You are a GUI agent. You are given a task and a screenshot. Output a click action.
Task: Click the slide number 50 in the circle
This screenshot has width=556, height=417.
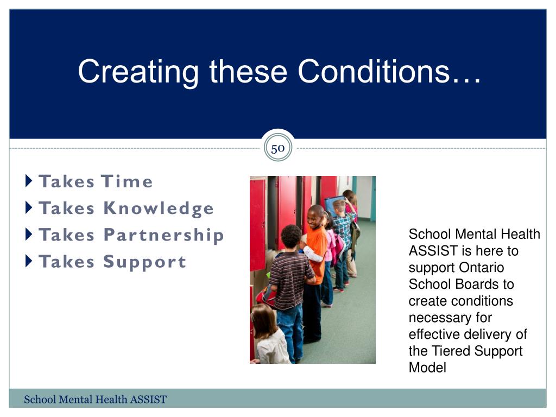[x=277, y=149]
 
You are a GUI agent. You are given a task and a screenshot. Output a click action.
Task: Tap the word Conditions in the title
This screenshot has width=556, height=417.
[x=374, y=72]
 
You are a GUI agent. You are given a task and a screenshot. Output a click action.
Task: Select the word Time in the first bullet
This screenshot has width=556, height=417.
[x=127, y=181]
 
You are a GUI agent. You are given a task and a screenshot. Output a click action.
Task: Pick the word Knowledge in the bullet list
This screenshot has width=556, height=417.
[x=159, y=208]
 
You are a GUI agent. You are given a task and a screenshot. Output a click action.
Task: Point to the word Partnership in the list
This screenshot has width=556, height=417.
[x=164, y=235]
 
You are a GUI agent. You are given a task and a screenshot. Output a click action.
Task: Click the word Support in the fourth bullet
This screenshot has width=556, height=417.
[x=144, y=262]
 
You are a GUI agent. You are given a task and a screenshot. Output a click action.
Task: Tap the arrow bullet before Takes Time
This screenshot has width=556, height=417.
[x=29, y=181]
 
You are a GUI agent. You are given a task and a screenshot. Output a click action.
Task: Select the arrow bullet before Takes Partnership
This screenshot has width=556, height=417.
[x=29, y=235]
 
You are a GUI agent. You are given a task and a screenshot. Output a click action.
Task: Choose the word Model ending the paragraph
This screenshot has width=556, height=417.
[x=427, y=368]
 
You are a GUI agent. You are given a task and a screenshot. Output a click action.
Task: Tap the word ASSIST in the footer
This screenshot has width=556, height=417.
[x=148, y=400]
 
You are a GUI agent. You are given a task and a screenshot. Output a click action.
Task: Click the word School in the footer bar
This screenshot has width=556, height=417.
[x=40, y=400]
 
